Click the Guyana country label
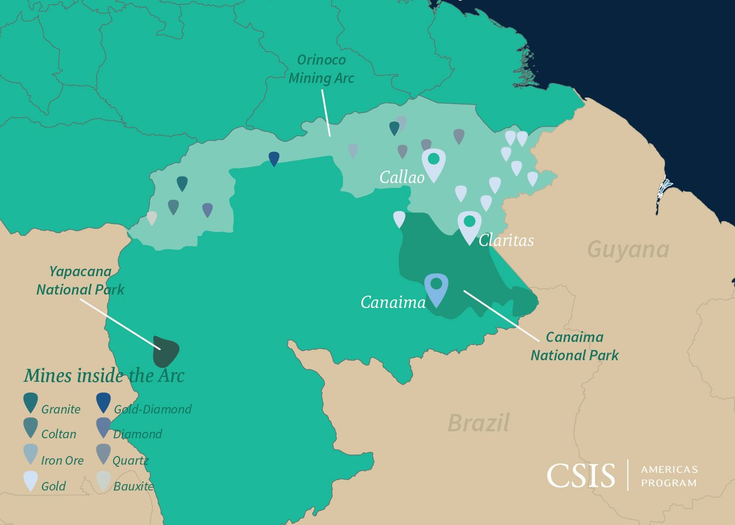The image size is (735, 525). click(x=628, y=250)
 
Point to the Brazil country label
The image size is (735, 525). click(x=478, y=423)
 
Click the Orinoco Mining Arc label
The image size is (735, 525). click(x=321, y=69)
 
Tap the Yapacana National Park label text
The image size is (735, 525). click(x=80, y=281)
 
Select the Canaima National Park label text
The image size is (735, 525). click(x=574, y=346)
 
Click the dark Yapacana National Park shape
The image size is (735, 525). click(x=165, y=351)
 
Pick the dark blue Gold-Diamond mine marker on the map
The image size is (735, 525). click(x=274, y=158)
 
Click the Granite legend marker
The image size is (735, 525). click(x=31, y=402)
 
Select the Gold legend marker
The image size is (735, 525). click(x=31, y=480)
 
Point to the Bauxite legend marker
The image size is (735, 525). click(x=103, y=480)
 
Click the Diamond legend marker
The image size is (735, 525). click(x=103, y=428)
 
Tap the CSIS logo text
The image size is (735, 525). click(x=580, y=476)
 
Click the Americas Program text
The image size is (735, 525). click(x=669, y=476)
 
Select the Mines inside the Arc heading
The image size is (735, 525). click(x=104, y=376)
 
